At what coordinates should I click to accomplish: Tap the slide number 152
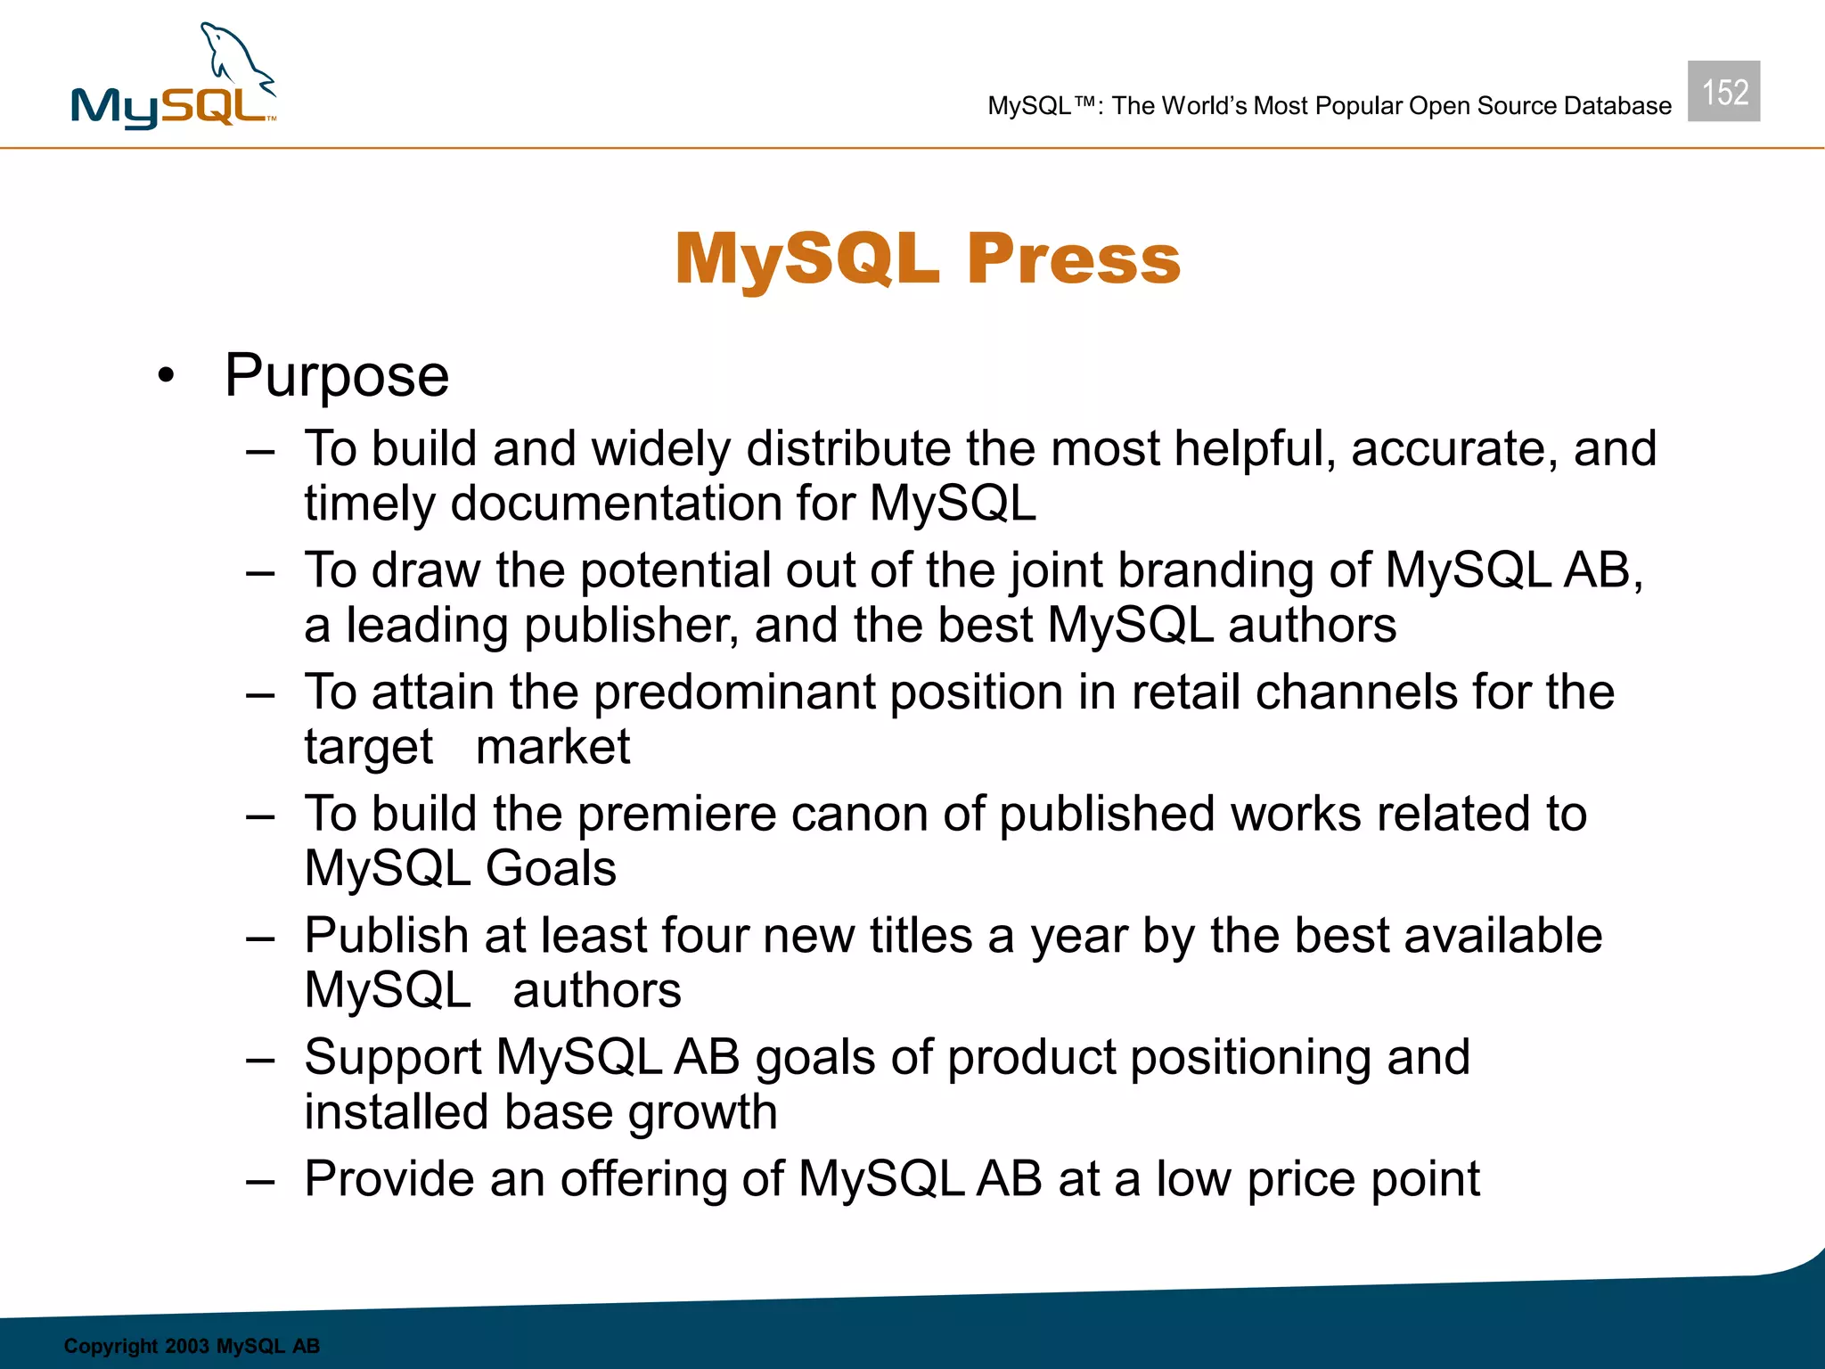click(1723, 92)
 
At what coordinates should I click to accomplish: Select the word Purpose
click(337, 376)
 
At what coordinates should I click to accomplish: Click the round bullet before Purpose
click(166, 376)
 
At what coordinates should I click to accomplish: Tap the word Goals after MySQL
click(551, 869)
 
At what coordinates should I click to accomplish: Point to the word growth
click(702, 1113)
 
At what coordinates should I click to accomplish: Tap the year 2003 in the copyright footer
click(186, 1346)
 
